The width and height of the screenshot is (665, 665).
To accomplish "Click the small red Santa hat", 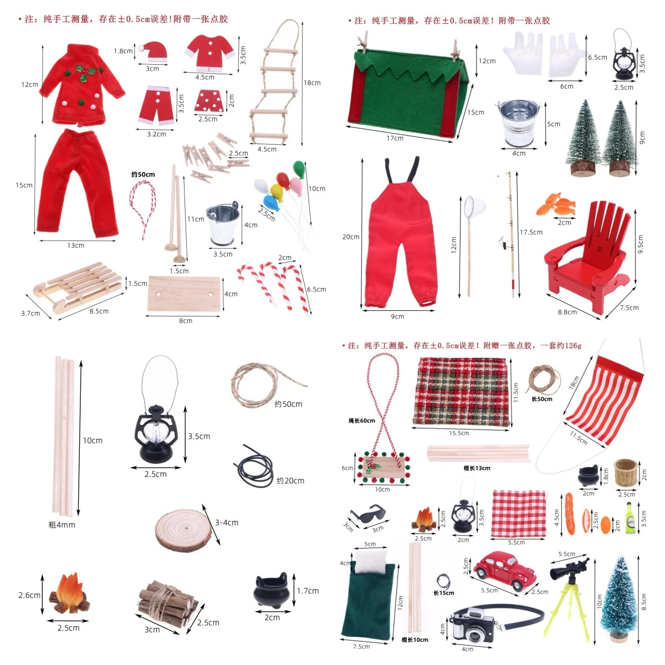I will [152, 51].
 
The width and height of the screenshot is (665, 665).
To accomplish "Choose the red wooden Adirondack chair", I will [590, 249].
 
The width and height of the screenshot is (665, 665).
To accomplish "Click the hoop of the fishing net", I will [475, 206].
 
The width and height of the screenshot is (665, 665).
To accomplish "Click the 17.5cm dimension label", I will [531, 232].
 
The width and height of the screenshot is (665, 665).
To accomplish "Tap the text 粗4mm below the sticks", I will [62, 524].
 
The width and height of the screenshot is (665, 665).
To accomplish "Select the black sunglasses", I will [369, 513].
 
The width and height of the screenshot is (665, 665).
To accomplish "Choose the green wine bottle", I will [629, 518].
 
